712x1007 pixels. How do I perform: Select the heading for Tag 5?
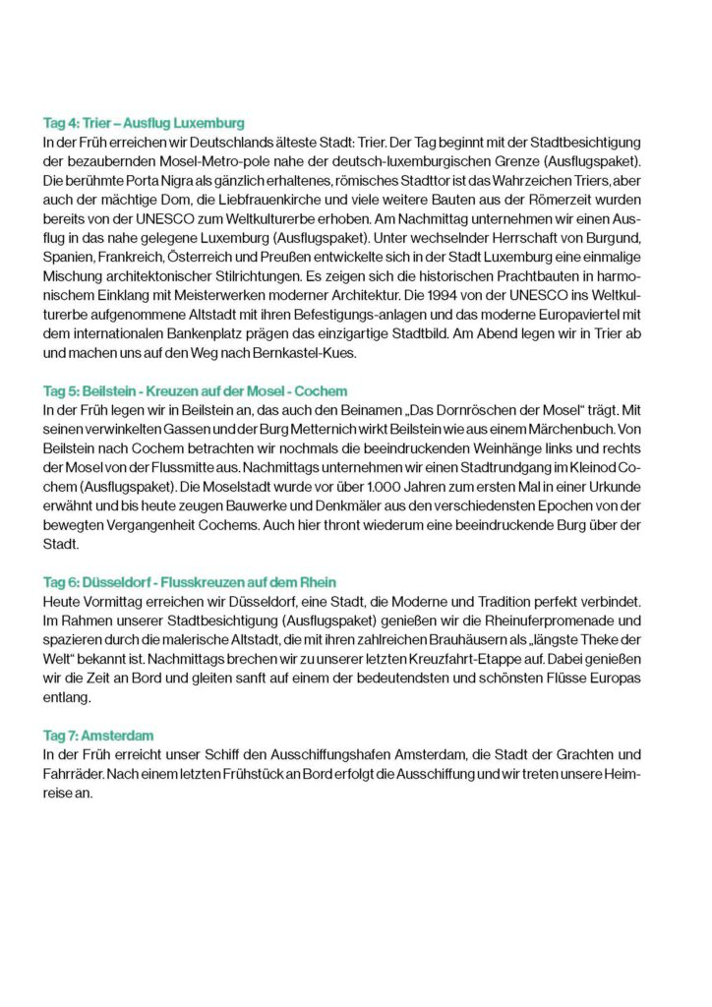[x=195, y=391]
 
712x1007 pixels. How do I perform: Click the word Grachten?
[x=578, y=753]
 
